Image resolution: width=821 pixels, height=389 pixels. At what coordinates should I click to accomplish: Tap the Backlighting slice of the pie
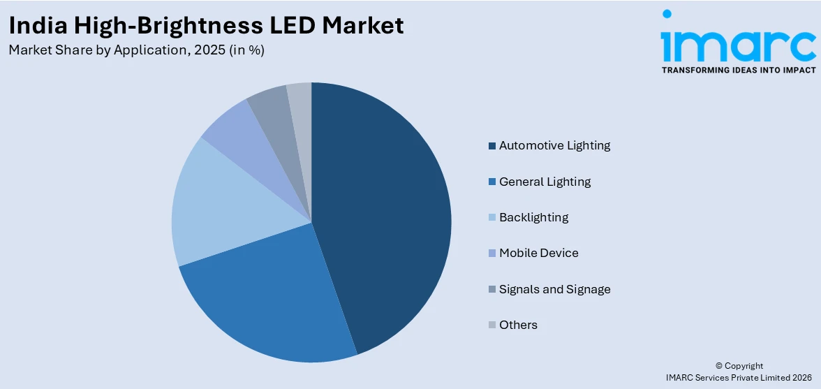216,203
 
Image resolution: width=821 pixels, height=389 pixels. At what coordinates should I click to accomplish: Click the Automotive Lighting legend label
554,145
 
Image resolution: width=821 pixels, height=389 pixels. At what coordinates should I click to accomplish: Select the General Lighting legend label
545,182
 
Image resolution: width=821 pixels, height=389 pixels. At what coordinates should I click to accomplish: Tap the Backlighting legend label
533,217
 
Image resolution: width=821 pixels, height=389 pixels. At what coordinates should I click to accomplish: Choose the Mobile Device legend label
538,253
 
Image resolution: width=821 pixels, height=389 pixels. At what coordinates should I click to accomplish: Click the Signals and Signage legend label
554,289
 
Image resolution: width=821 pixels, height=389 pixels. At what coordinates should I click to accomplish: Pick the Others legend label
518,325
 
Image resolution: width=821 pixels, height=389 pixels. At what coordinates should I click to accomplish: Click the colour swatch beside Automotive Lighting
492,146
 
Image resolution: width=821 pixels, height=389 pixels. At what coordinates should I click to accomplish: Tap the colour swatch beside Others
492,325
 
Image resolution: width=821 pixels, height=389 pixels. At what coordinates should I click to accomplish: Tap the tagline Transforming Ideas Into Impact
739,71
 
